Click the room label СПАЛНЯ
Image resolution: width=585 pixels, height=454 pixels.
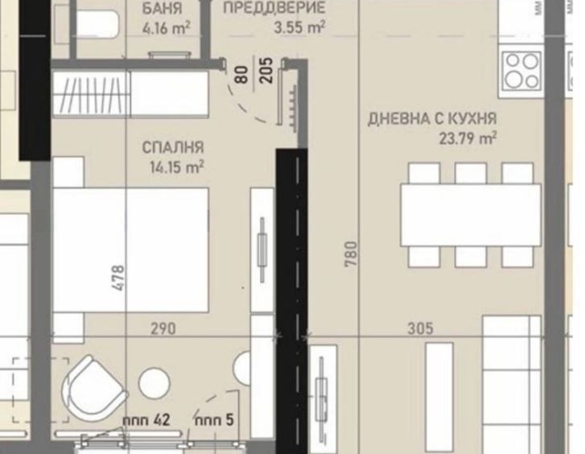click(173, 148)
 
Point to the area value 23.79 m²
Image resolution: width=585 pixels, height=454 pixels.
click(467, 138)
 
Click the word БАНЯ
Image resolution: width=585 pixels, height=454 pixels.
click(161, 10)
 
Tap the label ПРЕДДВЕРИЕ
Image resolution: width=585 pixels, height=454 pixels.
click(274, 9)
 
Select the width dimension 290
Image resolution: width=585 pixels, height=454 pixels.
click(164, 328)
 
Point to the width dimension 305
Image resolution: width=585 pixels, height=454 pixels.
click(419, 328)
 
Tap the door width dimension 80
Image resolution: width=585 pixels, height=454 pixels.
click(241, 75)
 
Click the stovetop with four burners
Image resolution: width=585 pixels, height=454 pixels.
click(521, 70)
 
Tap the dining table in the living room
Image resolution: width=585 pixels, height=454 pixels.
click(471, 215)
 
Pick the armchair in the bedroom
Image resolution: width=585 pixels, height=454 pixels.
click(95, 387)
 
